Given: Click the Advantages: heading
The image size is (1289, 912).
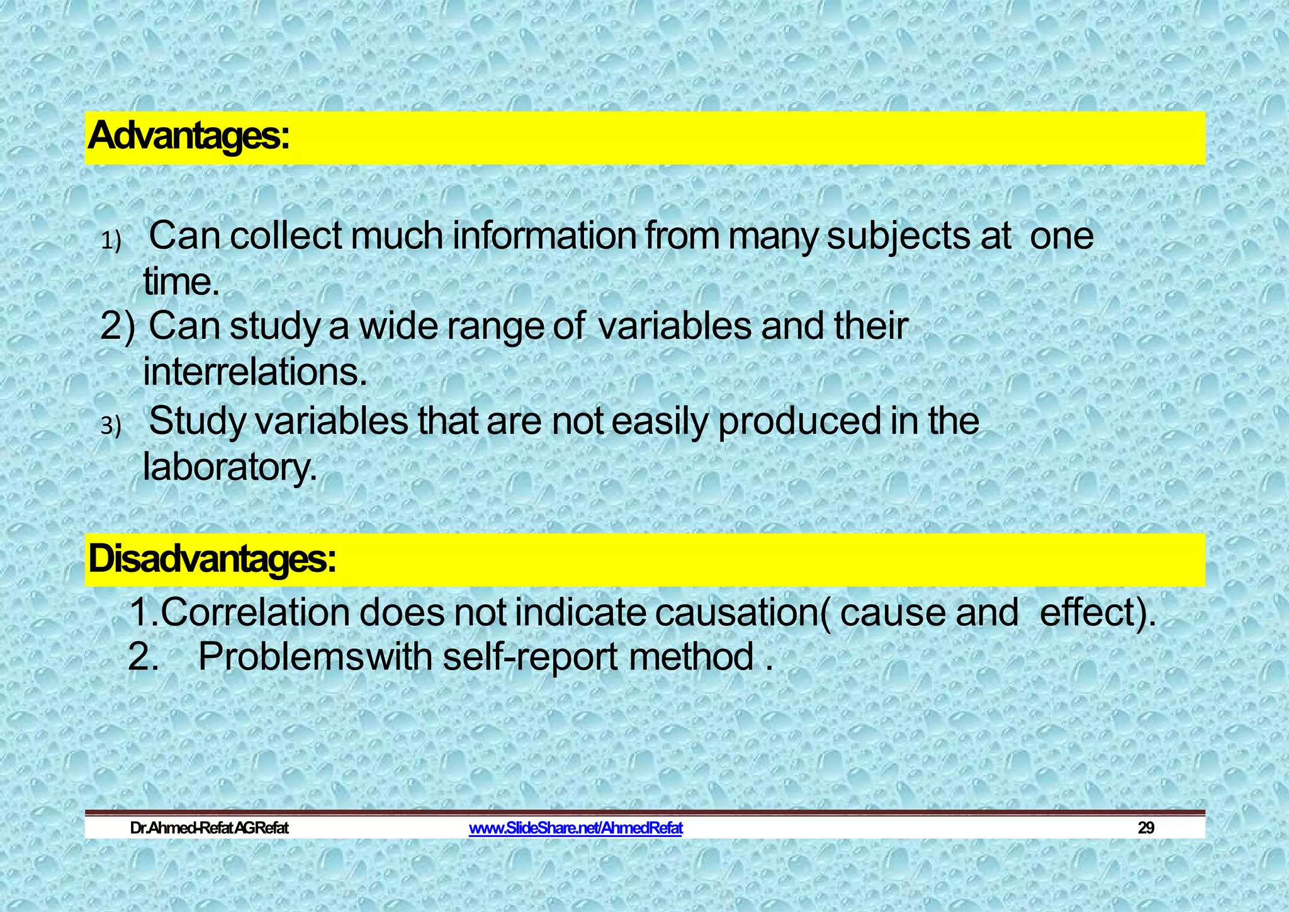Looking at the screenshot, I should click(x=189, y=137).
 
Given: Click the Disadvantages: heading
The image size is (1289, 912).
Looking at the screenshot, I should click(x=212, y=559).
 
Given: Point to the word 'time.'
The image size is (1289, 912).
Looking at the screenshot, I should click(x=181, y=282).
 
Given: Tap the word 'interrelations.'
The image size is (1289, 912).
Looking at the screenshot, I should click(x=255, y=372).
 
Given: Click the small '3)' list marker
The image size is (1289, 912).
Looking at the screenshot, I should click(x=111, y=427).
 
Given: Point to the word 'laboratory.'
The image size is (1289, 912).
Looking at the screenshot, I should click(x=230, y=467).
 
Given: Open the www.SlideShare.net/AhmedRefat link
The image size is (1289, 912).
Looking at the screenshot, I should click(x=575, y=828).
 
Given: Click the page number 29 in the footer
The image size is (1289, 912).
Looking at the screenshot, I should click(x=1145, y=828).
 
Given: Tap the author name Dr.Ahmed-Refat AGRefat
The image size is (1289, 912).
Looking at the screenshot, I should click(x=209, y=828).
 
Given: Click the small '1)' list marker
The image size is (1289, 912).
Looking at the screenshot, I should click(x=111, y=241).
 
